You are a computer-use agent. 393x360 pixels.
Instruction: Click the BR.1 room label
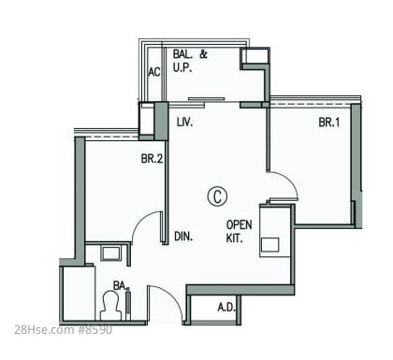click(329, 122)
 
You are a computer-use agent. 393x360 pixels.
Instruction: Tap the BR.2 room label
click(152, 159)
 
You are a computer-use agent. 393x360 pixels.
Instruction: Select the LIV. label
click(184, 122)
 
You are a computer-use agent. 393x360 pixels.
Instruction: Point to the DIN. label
click(183, 237)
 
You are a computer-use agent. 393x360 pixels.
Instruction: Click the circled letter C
click(217, 196)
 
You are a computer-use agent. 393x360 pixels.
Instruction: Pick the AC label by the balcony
click(154, 72)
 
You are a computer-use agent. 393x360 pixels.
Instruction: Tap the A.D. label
click(226, 308)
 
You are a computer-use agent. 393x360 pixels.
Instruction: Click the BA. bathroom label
click(121, 285)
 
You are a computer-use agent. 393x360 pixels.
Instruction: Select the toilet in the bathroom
click(110, 306)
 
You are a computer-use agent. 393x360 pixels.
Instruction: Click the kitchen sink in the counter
click(270, 244)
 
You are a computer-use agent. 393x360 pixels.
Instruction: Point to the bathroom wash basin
click(109, 253)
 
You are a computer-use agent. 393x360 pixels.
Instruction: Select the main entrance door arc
click(171, 296)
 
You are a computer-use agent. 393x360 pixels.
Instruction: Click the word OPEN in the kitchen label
click(239, 224)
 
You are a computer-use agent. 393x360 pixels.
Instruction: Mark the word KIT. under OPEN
click(234, 238)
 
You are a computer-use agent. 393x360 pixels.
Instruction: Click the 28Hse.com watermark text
click(44, 330)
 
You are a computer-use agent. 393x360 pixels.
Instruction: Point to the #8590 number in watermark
click(95, 330)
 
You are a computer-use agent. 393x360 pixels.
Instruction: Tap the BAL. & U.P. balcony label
click(190, 61)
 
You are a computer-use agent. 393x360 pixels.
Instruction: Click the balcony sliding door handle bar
click(207, 99)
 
